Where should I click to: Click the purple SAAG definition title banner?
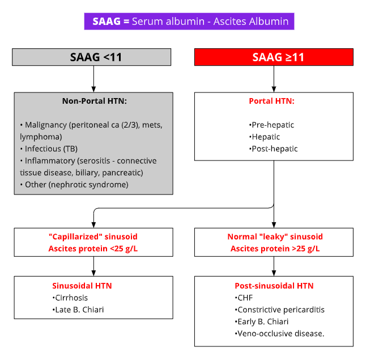(x=189, y=22)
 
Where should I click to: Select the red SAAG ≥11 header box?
(x=274, y=57)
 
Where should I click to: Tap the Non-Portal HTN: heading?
(x=95, y=101)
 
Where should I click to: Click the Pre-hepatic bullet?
(x=271, y=125)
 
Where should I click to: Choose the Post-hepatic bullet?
(x=273, y=149)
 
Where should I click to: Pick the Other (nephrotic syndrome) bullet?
(x=74, y=184)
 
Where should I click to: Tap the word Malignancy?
(x=43, y=124)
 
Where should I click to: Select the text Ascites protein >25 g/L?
(x=274, y=248)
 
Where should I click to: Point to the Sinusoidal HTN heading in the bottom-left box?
(x=82, y=286)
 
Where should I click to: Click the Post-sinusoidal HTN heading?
(x=274, y=286)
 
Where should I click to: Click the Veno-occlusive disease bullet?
(x=279, y=333)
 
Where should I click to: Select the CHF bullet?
(x=245, y=298)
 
